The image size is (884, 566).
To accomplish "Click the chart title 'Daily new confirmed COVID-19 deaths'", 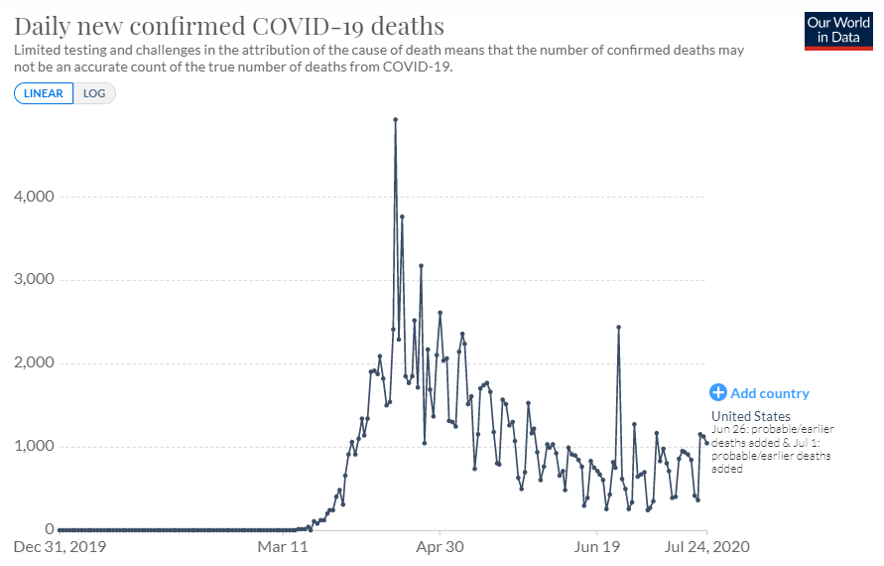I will (x=229, y=25).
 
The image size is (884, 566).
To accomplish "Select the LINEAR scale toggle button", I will (x=44, y=93).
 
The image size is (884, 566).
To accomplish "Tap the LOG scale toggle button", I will (x=94, y=93).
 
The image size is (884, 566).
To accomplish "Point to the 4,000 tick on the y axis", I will (x=33, y=197).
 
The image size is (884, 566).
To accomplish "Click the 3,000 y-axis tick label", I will (x=33, y=280).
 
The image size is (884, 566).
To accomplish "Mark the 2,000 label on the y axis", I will (x=33, y=363).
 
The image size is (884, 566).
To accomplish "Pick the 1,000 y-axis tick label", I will (x=33, y=446).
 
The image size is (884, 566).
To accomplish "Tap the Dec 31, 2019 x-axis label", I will (x=60, y=546).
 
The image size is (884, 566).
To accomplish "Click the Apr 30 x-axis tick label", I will (x=441, y=546).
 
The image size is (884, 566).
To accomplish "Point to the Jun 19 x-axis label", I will (x=597, y=546).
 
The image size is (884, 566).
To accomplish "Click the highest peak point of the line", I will (x=395, y=119).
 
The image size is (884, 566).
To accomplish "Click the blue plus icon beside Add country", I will (x=718, y=393).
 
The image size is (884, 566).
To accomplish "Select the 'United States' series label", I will (x=751, y=416).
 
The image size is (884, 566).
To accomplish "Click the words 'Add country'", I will (x=770, y=393).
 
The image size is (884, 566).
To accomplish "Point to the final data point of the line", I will (x=706, y=442).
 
